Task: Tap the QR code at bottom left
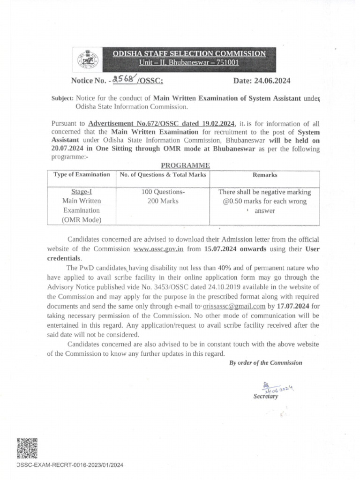point(27,449)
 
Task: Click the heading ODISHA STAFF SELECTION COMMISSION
point(189,54)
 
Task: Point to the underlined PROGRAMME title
point(186,165)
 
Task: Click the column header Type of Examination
point(82,175)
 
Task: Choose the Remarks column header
point(265,175)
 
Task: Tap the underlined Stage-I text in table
point(82,192)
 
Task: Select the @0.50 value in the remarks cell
point(235,201)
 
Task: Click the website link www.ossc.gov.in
point(158,249)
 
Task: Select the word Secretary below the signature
point(265,396)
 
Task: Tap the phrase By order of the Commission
point(266,362)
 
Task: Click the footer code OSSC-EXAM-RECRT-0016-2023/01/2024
point(69,465)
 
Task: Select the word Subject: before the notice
point(62,98)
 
